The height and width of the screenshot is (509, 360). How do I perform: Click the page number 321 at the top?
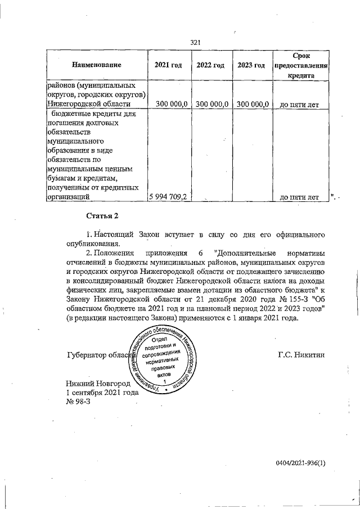196,42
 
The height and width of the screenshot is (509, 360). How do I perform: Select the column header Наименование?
97,66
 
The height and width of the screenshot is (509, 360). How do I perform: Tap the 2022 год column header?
210,66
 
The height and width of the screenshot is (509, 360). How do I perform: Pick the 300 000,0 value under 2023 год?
252,104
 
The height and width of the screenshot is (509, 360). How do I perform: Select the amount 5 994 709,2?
169,197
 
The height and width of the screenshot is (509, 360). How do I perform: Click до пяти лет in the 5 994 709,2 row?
299,197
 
